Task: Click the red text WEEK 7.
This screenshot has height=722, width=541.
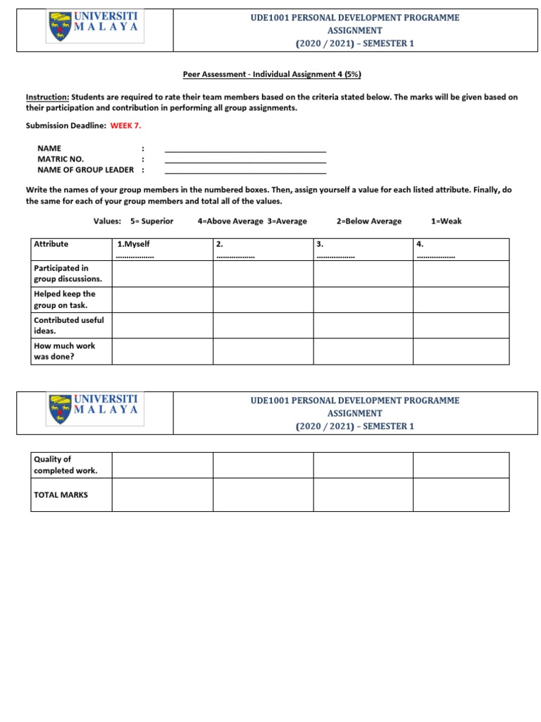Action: coord(127,125)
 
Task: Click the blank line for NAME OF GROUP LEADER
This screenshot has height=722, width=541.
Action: coord(245,172)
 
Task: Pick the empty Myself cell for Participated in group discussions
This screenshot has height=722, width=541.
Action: coord(162,274)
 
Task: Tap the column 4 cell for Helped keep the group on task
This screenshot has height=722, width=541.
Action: coord(461,300)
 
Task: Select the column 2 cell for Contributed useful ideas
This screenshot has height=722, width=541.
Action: coord(263,326)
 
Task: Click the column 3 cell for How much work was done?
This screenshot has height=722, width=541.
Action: coord(363,351)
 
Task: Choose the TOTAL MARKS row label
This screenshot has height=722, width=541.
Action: coord(61,495)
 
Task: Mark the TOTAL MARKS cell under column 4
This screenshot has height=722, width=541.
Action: coord(461,495)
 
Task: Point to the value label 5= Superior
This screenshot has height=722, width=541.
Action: coord(151,221)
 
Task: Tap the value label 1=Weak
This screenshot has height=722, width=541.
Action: coord(447,221)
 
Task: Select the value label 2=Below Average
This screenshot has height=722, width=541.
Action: coord(369,221)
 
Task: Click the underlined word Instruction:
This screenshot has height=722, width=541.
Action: coord(47,97)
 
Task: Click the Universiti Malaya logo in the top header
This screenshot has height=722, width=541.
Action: coord(94,30)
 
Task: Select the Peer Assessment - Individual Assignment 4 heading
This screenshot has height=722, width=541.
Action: coord(272,75)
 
